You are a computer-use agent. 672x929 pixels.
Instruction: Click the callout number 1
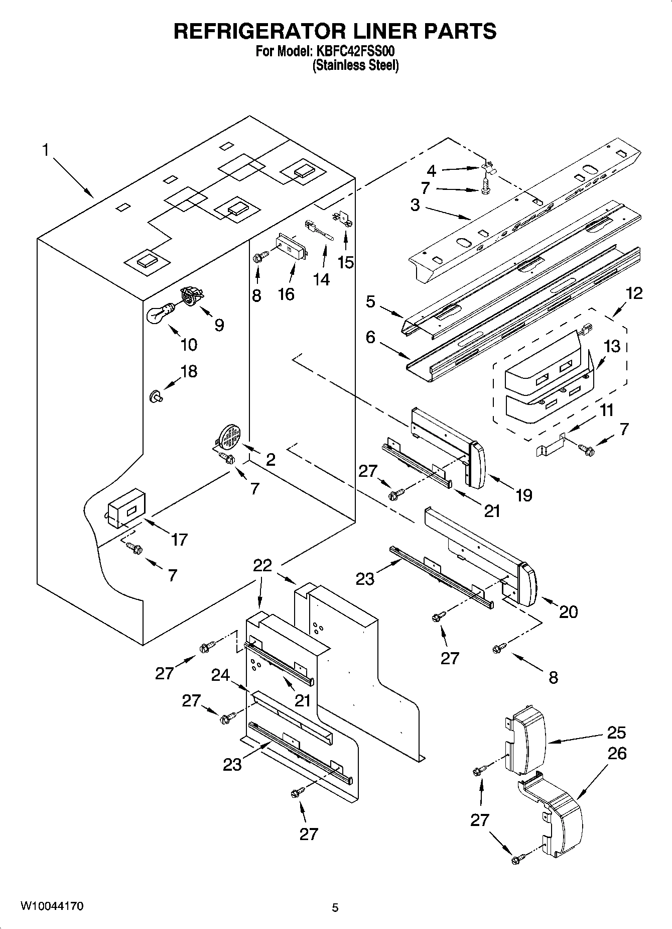46,149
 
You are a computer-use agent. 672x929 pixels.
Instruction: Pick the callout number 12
634,293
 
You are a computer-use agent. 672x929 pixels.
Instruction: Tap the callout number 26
617,754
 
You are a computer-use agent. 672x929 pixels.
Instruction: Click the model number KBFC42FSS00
355,51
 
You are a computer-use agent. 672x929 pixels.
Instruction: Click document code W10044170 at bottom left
52,906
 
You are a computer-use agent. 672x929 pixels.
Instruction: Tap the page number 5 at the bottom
335,907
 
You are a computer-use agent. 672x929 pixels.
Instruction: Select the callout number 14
321,279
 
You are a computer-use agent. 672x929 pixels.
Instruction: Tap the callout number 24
220,676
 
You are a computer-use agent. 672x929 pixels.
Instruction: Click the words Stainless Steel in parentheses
355,65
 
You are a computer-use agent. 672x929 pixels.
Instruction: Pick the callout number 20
568,611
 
